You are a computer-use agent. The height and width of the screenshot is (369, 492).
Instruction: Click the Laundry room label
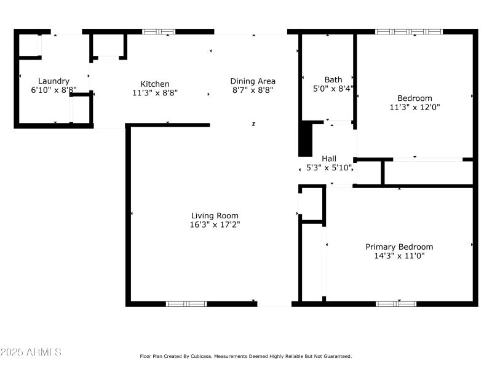point(54,81)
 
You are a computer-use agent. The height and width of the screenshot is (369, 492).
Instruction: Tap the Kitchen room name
point(155,84)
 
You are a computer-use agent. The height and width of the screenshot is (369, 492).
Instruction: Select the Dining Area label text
point(253,81)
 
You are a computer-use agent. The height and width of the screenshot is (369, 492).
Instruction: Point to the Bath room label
point(333,79)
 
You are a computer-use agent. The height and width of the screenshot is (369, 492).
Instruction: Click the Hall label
point(329,158)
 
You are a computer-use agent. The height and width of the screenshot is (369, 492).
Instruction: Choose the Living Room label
point(215,215)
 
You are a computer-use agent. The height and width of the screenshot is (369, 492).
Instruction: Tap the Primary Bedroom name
point(399,247)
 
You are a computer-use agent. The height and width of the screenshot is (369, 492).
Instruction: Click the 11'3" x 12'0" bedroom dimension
point(415,107)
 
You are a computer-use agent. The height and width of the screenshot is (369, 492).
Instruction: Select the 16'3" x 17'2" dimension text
point(215,224)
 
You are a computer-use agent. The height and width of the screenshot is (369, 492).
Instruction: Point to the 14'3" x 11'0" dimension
point(399,256)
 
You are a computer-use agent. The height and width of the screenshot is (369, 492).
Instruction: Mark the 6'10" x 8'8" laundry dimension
point(54,90)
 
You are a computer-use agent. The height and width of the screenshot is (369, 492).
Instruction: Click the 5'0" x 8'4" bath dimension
point(333,89)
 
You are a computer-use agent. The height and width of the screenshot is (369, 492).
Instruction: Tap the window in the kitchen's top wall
point(159,31)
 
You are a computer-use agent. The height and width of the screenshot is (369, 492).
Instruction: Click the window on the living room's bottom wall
point(186,303)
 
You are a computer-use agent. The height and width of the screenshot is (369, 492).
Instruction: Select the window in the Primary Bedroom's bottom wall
point(396,303)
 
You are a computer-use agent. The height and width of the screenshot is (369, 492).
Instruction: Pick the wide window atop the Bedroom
point(409,31)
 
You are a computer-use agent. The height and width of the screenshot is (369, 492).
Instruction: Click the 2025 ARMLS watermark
point(31,352)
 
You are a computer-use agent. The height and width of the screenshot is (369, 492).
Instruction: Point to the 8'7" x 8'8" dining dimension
point(253,90)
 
